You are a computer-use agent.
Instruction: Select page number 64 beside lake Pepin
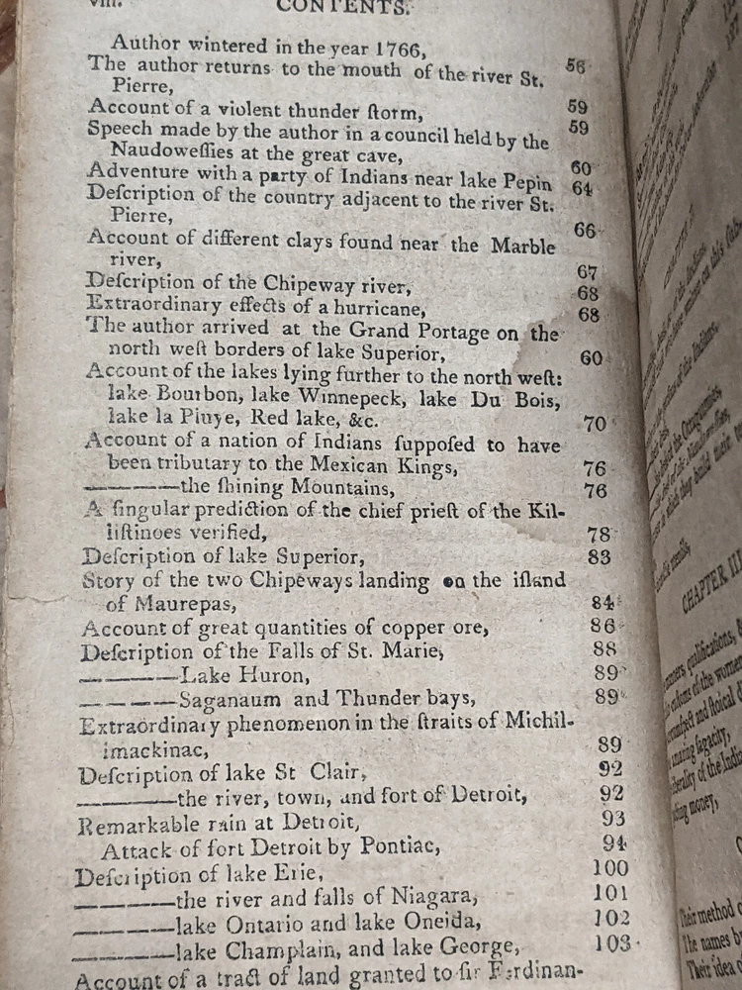(582, 187)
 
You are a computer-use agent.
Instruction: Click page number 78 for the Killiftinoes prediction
(599, 535)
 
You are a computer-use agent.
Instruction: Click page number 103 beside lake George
(613, 943)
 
